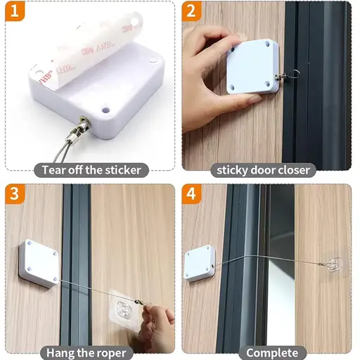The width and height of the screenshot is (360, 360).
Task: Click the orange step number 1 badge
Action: tap(15, 11)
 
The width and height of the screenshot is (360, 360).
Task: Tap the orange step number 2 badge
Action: tap(191, 11)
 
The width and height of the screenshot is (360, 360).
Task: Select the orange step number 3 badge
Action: tap(15, 194)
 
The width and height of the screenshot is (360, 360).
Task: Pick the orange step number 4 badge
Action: tap(191, 194)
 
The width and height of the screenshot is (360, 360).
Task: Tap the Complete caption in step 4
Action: tap(272, 353)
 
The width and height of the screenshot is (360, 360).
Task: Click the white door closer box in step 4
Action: tap(200, 264)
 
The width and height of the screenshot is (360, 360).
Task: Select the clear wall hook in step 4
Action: tap(333, 265)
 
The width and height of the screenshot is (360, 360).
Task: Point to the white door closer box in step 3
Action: tap(39, 263)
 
